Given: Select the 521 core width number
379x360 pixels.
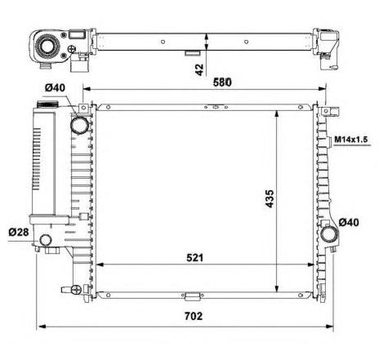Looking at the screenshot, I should point(194,257).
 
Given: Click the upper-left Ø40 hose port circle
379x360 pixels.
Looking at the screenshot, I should point(80,125).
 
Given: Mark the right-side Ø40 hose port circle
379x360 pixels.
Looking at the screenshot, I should point(331,234).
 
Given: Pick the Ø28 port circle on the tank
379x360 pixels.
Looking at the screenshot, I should point(46,240).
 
